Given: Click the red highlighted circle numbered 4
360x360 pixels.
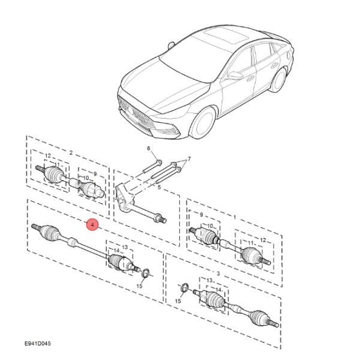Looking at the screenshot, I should [91, 225].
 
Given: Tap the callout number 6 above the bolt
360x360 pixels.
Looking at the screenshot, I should [149, 148].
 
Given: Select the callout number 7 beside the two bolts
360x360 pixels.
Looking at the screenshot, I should [188, 159].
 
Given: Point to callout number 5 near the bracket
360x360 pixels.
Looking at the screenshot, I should [159, 188].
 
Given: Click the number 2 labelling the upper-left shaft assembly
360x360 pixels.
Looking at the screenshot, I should [71, 153].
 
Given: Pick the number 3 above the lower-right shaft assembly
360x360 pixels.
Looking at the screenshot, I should [218, 274].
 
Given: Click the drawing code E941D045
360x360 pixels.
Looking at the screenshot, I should [38, 344].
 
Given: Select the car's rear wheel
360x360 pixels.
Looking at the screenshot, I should [278, 80].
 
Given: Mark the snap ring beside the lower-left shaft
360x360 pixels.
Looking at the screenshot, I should [145, 275].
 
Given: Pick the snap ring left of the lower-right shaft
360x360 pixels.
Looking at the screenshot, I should [185, 287].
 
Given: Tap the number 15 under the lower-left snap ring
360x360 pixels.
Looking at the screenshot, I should [139, 286].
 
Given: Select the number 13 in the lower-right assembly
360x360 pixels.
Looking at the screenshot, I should [210, 280].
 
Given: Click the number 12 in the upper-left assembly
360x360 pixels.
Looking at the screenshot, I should [48, 157].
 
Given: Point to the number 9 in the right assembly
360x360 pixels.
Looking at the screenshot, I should [202, 215].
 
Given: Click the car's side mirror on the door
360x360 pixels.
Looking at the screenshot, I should [236, 76].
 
